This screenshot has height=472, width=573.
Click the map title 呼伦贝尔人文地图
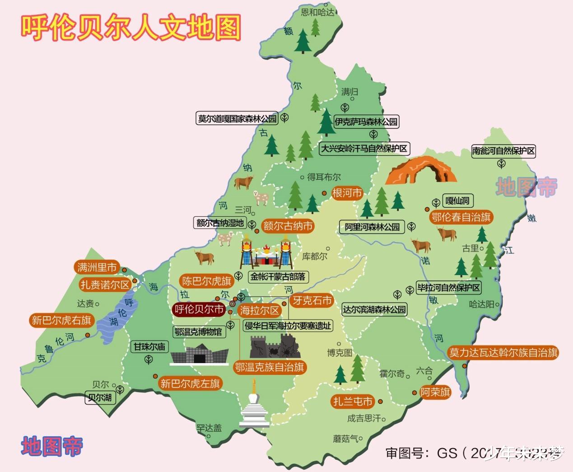coord(131,28)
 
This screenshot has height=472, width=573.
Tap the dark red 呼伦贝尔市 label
coord(199,309)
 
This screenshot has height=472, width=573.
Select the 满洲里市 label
coord(97,267)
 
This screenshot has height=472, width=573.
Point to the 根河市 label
coord(347,193)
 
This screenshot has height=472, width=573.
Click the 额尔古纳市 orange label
coord(288,226)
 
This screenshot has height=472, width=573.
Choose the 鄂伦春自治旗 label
coord(461,217)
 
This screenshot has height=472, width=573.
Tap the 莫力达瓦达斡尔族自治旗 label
coord(503,353)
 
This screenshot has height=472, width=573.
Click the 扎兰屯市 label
coord(353,401)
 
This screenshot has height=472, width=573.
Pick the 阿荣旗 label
coord(435,392)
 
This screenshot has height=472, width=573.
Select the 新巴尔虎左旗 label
coord(190,383)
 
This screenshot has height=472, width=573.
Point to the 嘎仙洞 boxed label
coord(457,201)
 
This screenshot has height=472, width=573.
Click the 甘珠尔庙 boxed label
coord(149,347)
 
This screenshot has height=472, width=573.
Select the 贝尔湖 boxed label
coord(100,398)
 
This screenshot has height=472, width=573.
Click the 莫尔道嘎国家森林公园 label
coord(237,119)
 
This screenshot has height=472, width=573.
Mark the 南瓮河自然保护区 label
coord(503,151)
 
